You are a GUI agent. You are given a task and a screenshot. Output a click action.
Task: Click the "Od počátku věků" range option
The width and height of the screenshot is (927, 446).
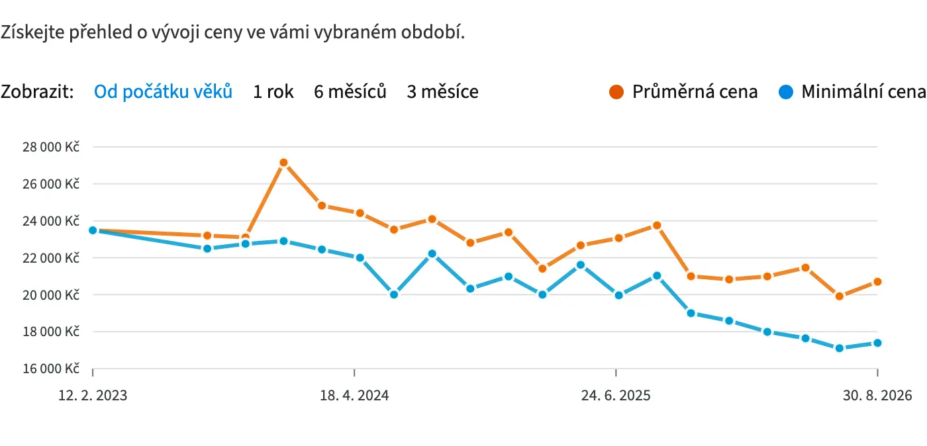click(x=163, y=91)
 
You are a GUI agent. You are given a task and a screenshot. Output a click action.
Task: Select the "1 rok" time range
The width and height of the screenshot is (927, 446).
click(x=273, y=91)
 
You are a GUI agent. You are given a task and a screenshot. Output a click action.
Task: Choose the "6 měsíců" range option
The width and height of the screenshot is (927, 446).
click(x=350, y=91)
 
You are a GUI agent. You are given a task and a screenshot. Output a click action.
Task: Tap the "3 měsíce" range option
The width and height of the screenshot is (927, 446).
click(x=442, y=91)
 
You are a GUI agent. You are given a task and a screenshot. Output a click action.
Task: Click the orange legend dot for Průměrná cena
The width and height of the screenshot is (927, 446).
click(x=616, y=92)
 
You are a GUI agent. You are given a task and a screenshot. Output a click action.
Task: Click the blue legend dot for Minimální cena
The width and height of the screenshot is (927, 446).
click(x=785, y=92)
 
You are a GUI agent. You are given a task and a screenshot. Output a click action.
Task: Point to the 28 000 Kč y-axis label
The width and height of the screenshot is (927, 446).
click(x=51, y=147)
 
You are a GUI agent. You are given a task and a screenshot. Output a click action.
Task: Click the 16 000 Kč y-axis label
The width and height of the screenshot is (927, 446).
click(x=51, y=368)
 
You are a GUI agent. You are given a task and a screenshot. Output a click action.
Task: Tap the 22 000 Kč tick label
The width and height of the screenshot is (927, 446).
click(x=51, y=258)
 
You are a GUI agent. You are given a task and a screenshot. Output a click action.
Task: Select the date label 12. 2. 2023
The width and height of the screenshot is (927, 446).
click(x=93, y=396)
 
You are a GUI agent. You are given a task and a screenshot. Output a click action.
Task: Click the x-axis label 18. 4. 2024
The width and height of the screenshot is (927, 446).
click(x=354, y=396)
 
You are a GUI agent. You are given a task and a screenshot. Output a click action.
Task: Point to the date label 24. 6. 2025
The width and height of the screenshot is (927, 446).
click(x=616, y=396)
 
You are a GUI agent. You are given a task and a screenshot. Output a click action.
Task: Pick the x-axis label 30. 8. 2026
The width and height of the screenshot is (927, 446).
click(x=877, y=396)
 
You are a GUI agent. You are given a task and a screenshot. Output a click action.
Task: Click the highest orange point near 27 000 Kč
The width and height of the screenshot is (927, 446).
click(x=283, y=163)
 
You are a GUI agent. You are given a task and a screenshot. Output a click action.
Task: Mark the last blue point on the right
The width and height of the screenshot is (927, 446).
click(x=877, y=343)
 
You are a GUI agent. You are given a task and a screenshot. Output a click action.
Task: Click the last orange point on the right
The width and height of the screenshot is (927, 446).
click(x=877, y=282)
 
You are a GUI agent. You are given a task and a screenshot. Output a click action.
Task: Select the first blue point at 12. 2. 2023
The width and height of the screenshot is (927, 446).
click(x=93, y=230)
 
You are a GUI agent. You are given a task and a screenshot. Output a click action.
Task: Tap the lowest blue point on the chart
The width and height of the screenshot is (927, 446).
click(x=840, y=348)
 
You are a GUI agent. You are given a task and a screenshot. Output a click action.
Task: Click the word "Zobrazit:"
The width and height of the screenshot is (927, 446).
click(x=37, y=91)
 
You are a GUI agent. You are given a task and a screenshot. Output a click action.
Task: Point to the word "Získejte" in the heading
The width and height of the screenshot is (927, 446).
click(x=32, y=32)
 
